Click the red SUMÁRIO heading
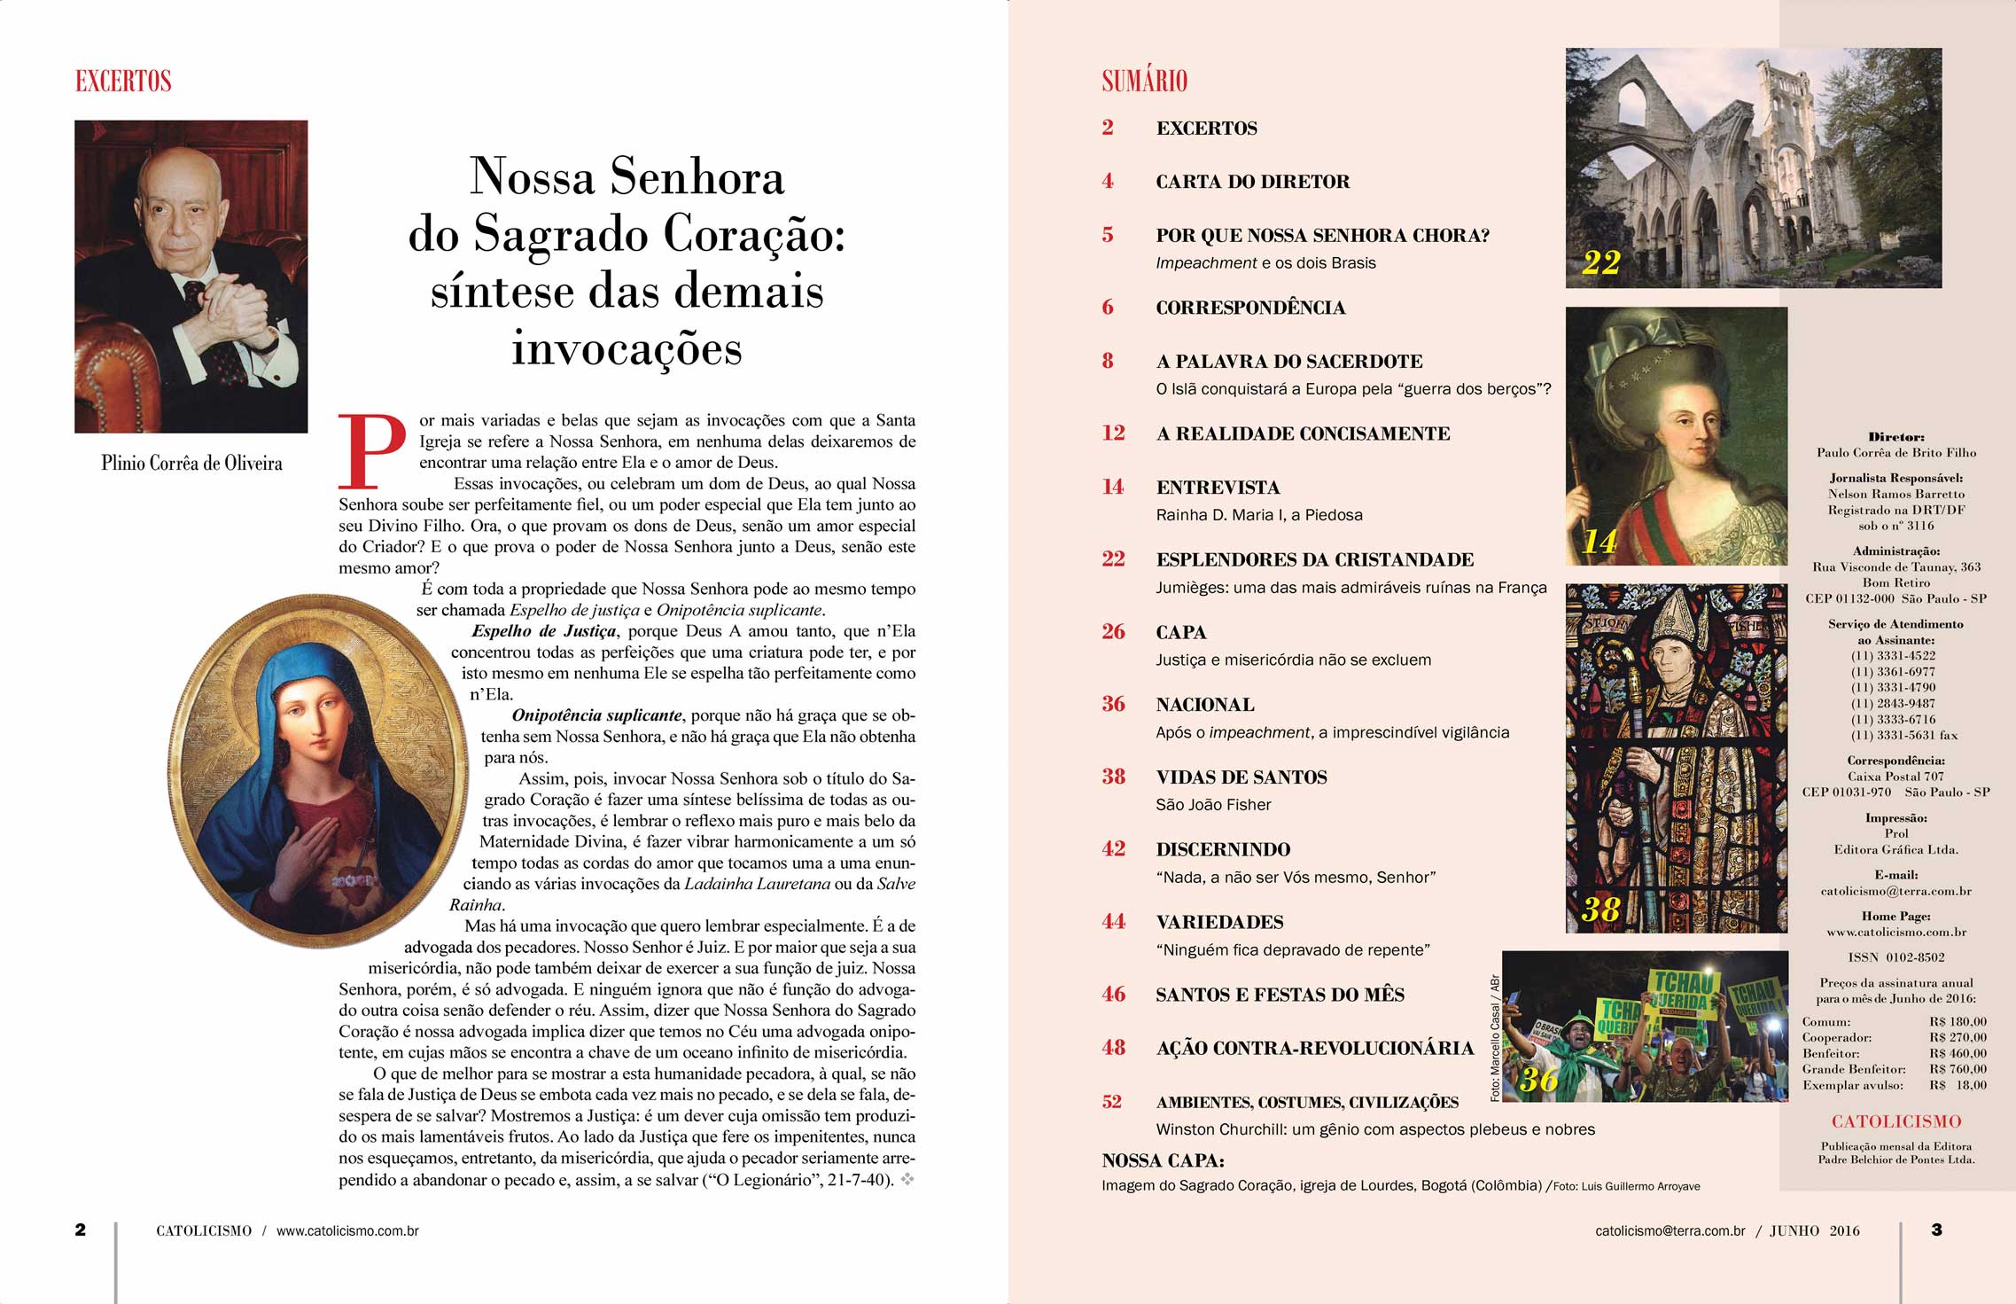(x=1144, y=82)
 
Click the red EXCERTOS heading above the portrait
(x=123, y=82)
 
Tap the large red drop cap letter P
(x=372, y=451)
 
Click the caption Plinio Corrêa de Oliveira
(x=191, y=463)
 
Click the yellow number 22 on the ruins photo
(x=1600, y=262)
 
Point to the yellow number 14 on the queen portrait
(x=1599, y=541)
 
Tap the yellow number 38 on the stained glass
(x=1600, y=910)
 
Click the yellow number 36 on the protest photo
(x=1538, y=1079)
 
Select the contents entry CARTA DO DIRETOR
(x=1252, y=182)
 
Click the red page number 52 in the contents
(x=1112, y=1102)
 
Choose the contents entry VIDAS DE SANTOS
(x=1241, y=777)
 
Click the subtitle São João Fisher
(x=1213, y=805)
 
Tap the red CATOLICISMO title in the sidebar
(x=1896, y=1121)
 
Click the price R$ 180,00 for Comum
(x=1958, y=1021)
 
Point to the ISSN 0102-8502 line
(x=1896, y=957)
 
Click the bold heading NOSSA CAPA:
(x=1163, y=1160)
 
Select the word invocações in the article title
(x=627, y=347)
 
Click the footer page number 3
(x=1936, y=1230)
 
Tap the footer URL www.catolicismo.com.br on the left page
(x=347, y=1231)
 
